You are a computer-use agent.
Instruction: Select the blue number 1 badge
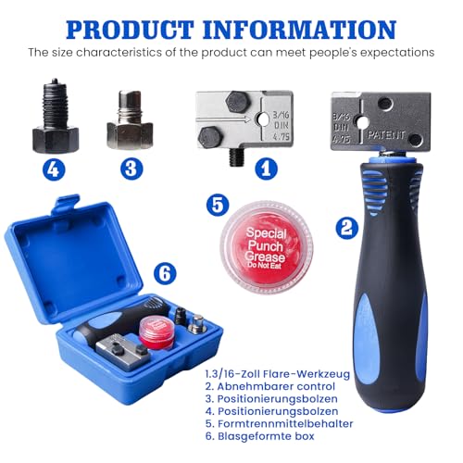coord(266,168)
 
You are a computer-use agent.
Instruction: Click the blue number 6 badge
coord(164,274)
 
